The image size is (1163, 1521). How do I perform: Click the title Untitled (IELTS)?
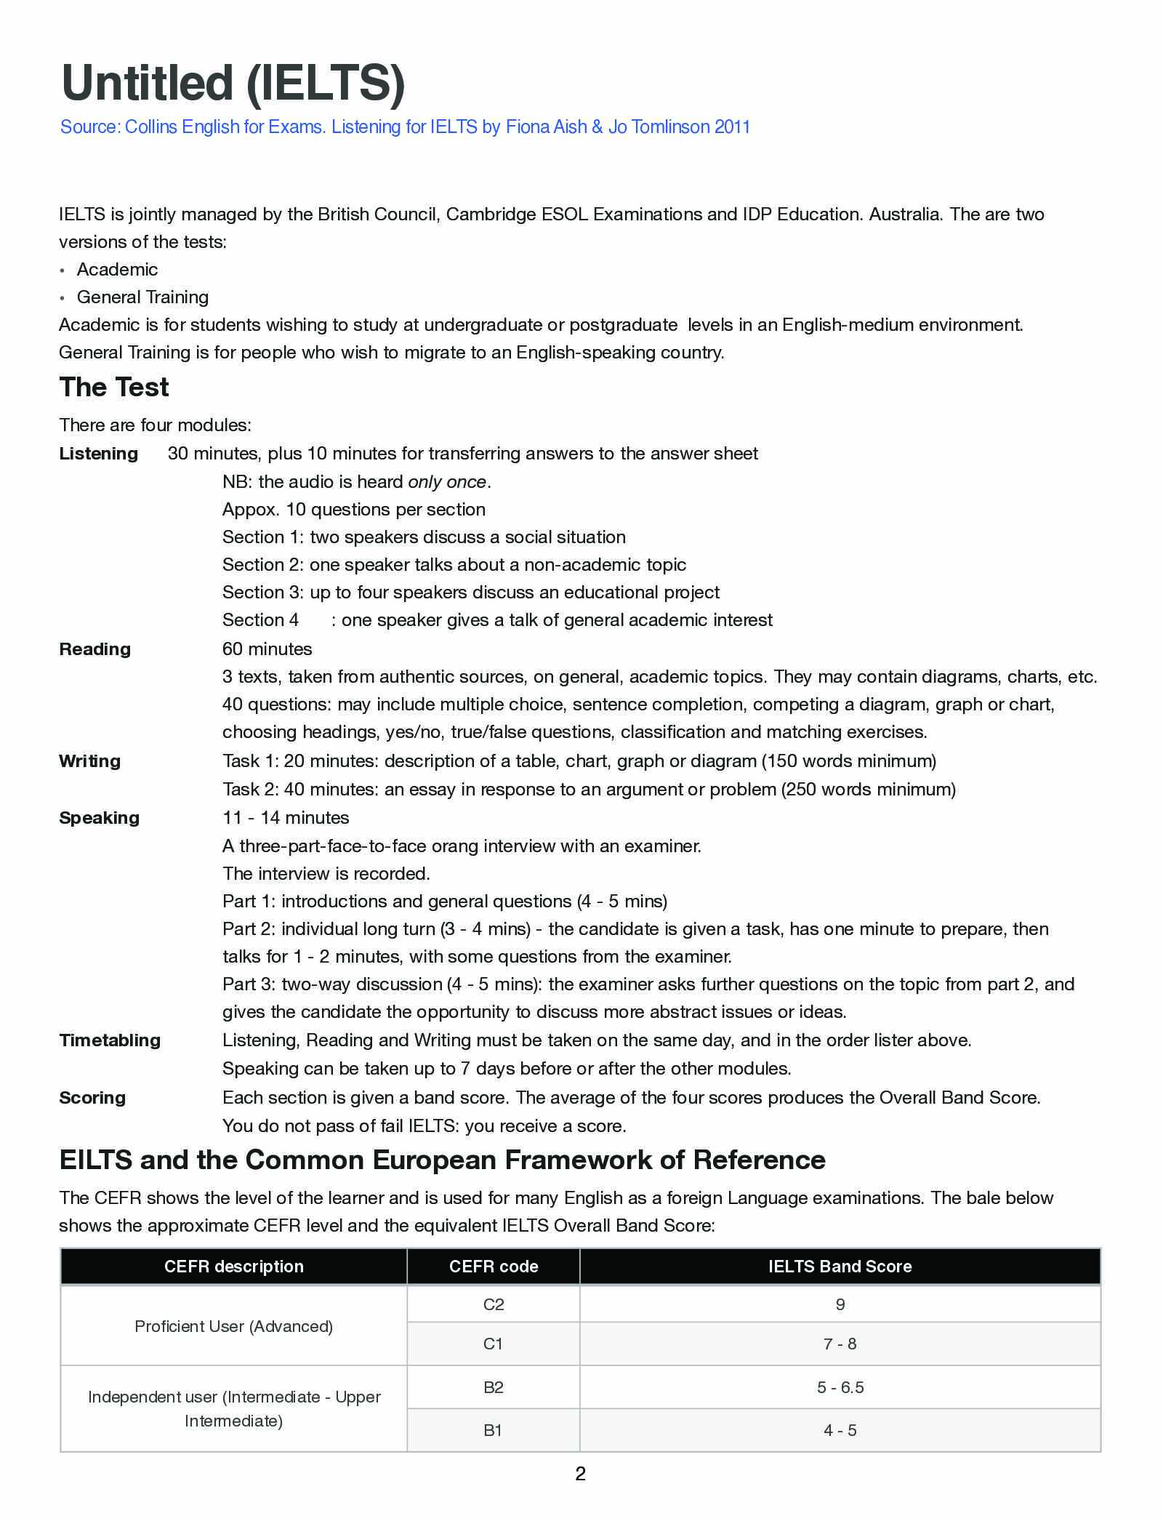pyautogui.click(x=233, y=83)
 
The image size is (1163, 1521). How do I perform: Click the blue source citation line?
pyautogui.click(x=405, y=127)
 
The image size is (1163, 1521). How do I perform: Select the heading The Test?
pyautogui.click(x=114, y=388)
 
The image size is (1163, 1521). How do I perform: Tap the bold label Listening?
pyautogui.click(x=99, y=454)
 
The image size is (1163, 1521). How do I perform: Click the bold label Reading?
pyautogui.click(x=95, y=649)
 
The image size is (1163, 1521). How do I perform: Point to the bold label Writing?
pyautogui.click(x=90, y=761)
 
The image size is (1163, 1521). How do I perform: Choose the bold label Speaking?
pyautogui.click(x=100, y=818)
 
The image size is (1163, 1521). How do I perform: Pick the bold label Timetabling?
pyautogui.click(x=110, y=1040)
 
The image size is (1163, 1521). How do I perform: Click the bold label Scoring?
pyautogui.click(x=92, y=1098)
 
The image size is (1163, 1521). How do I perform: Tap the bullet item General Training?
pyautogui.click(x=142, y=297)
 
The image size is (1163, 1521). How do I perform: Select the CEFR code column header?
pyautogui.click(x=494, y=1267)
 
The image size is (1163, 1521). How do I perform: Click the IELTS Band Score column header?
pyautogui.click(x=840, y=1267)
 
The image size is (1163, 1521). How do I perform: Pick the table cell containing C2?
pyautogui.click(x=494, y=1304)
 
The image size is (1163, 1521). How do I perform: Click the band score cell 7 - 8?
pyautogui.click(x=840, y=1344)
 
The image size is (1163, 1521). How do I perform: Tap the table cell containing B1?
pyautogui.click(x=494, y=1430)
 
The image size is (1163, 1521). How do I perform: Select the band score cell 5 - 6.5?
pyautogui.click(x=840, y=1387)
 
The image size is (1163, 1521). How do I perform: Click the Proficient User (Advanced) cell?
pyautogui.click(x=233, y=1326)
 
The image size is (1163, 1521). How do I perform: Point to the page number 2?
pyautogui.click(x=580, y=1474)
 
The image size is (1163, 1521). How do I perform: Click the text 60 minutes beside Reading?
pyautogui.click(x=267, y=649)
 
